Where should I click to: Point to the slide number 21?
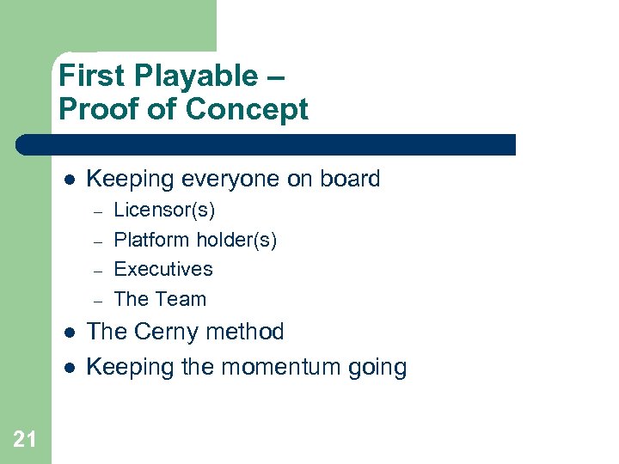coord(25,440)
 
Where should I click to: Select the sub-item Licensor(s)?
coord(164,210)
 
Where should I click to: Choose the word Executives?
coord(163,269)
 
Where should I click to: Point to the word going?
coord(377,369)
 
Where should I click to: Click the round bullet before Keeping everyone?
coord(70,180)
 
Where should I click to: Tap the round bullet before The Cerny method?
coord(70,333)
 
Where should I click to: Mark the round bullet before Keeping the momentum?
coord(70,368)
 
